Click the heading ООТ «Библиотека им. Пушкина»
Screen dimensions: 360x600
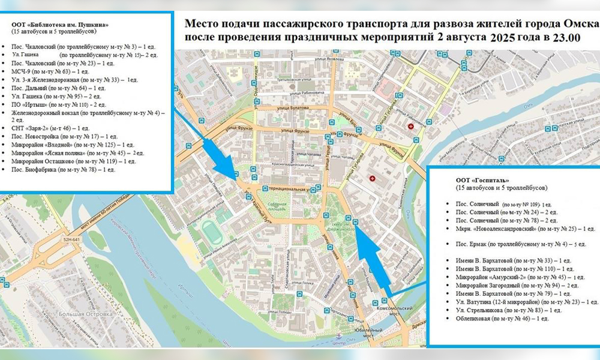click(60, 25)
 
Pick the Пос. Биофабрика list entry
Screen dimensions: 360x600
click(63, 170)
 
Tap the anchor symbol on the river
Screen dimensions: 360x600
click(338, 338)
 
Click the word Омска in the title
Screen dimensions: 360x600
click(581, 23)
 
